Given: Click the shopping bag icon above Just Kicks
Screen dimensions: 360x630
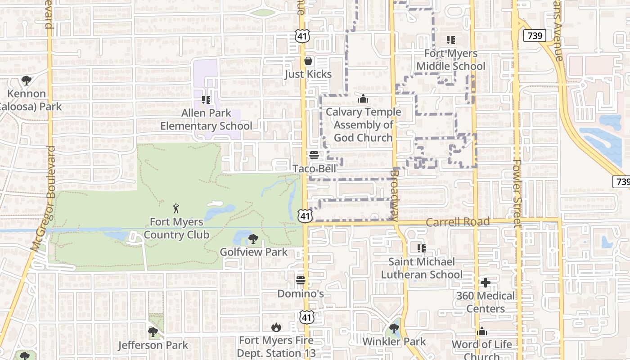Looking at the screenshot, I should point(308,61).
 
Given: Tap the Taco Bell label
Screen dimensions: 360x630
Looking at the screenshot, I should point(314,169).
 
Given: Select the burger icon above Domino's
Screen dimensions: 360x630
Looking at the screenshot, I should point(301,281).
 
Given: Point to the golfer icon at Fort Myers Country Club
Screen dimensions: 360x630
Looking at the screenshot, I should point(176,208).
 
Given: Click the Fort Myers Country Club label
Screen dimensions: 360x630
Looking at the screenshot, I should point(176,228).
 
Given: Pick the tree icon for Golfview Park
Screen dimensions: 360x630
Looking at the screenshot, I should point(253,239).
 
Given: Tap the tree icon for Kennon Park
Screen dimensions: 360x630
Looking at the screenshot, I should point(27,81).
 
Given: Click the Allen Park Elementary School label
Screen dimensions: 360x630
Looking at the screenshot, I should point(206,119).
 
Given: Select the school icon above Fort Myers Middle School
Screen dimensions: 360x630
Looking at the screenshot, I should point(451,40).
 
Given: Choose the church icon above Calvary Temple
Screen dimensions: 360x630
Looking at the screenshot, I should point(363,99).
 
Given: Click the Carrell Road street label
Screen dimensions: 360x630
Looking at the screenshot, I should point(457,222).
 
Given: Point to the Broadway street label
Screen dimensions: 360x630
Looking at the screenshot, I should point(394,194).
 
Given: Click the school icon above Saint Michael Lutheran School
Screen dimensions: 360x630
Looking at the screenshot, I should point(422,248).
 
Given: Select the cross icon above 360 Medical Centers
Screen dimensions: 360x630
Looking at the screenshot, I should point(485,283).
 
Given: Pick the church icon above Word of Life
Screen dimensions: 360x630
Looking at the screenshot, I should point(482,332).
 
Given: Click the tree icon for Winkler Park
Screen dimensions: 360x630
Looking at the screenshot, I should point(394,328).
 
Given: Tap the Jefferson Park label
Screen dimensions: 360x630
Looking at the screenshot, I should point(153,345).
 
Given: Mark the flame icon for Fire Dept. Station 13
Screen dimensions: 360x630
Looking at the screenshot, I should point(276,327).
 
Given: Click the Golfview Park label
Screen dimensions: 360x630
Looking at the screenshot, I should point(253,252).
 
